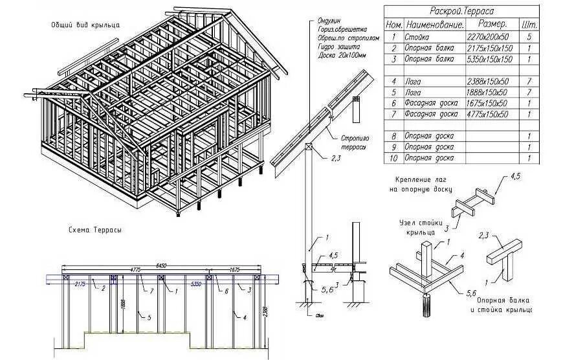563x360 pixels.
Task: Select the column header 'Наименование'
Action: pos(434,25)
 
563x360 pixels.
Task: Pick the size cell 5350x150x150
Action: pos(489,59)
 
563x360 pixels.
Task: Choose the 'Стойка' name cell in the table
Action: pos(419,37)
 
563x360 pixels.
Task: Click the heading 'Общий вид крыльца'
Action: pos(88,25)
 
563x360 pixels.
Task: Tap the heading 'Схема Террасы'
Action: pos(95,230)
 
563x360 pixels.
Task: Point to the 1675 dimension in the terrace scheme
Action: pos(234,269)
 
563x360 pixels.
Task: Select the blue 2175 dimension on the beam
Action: pos(80,284)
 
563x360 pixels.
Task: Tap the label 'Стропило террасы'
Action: pos(354,142)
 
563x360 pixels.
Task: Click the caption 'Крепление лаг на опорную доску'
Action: pos(419,184)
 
